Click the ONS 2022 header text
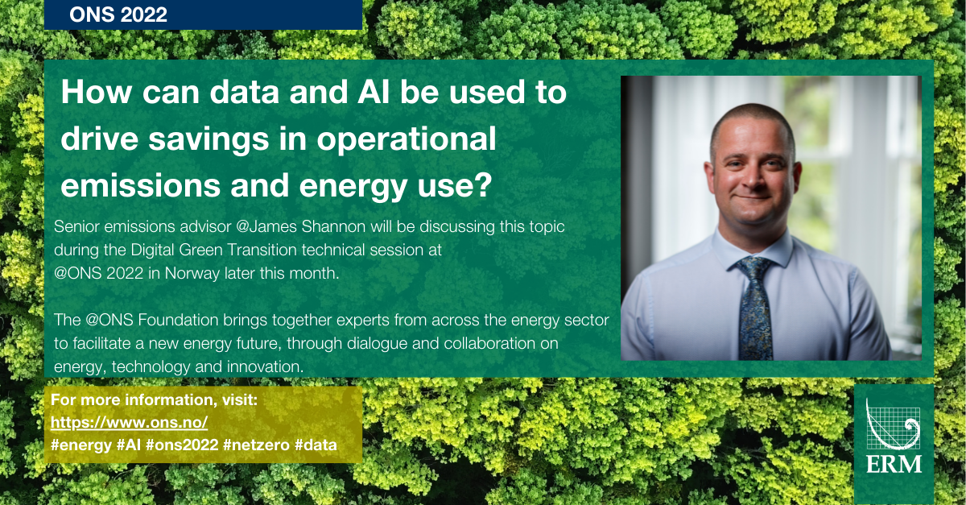pos(118,14)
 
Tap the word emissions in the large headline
pos(140,185)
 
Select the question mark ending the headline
pos(484,184)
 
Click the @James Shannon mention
pos(301,226)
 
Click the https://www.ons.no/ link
pos(129,423)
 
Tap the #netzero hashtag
pos(256,445)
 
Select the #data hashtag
pos(316,445)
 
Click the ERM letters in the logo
pos(894,465)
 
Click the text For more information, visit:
pos(154,399)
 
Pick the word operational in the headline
pos(407,140)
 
